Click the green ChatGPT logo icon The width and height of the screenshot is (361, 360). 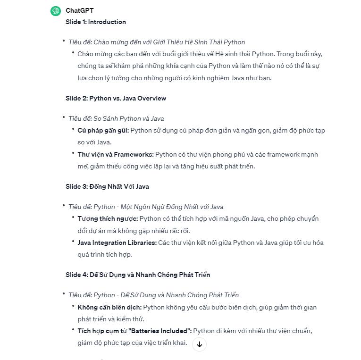tap(56, 11)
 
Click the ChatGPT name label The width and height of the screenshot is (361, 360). tap(79, 10)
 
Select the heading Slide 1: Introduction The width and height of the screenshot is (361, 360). tap(96, 22)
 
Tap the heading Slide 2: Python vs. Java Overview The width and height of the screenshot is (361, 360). tap(116, 98)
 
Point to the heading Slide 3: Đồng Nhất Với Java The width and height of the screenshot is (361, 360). tap(107, 186)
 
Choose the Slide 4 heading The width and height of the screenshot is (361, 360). tap(137, 275)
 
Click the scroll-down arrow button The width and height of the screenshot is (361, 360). tap(199, 344)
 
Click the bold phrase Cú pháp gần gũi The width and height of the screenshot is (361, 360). tap(103, 130)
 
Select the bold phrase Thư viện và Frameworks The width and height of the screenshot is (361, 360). tap(116, 154)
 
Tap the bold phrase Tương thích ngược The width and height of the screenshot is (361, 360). tap(108, 218)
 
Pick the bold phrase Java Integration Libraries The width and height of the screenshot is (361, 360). tap(117, 243)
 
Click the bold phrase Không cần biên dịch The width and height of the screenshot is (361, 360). tap(109, 307)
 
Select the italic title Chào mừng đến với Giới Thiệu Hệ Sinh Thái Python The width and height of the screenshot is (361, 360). tap(169, 42)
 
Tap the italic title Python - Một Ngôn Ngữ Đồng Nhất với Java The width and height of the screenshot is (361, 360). tap(158, 207)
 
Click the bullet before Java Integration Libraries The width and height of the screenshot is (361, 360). tap(73, 242)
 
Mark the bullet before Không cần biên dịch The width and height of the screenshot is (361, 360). tap(73, 307)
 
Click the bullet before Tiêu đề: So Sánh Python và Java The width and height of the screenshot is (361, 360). tap(64, 117)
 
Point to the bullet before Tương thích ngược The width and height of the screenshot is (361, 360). tap(73, 218)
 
